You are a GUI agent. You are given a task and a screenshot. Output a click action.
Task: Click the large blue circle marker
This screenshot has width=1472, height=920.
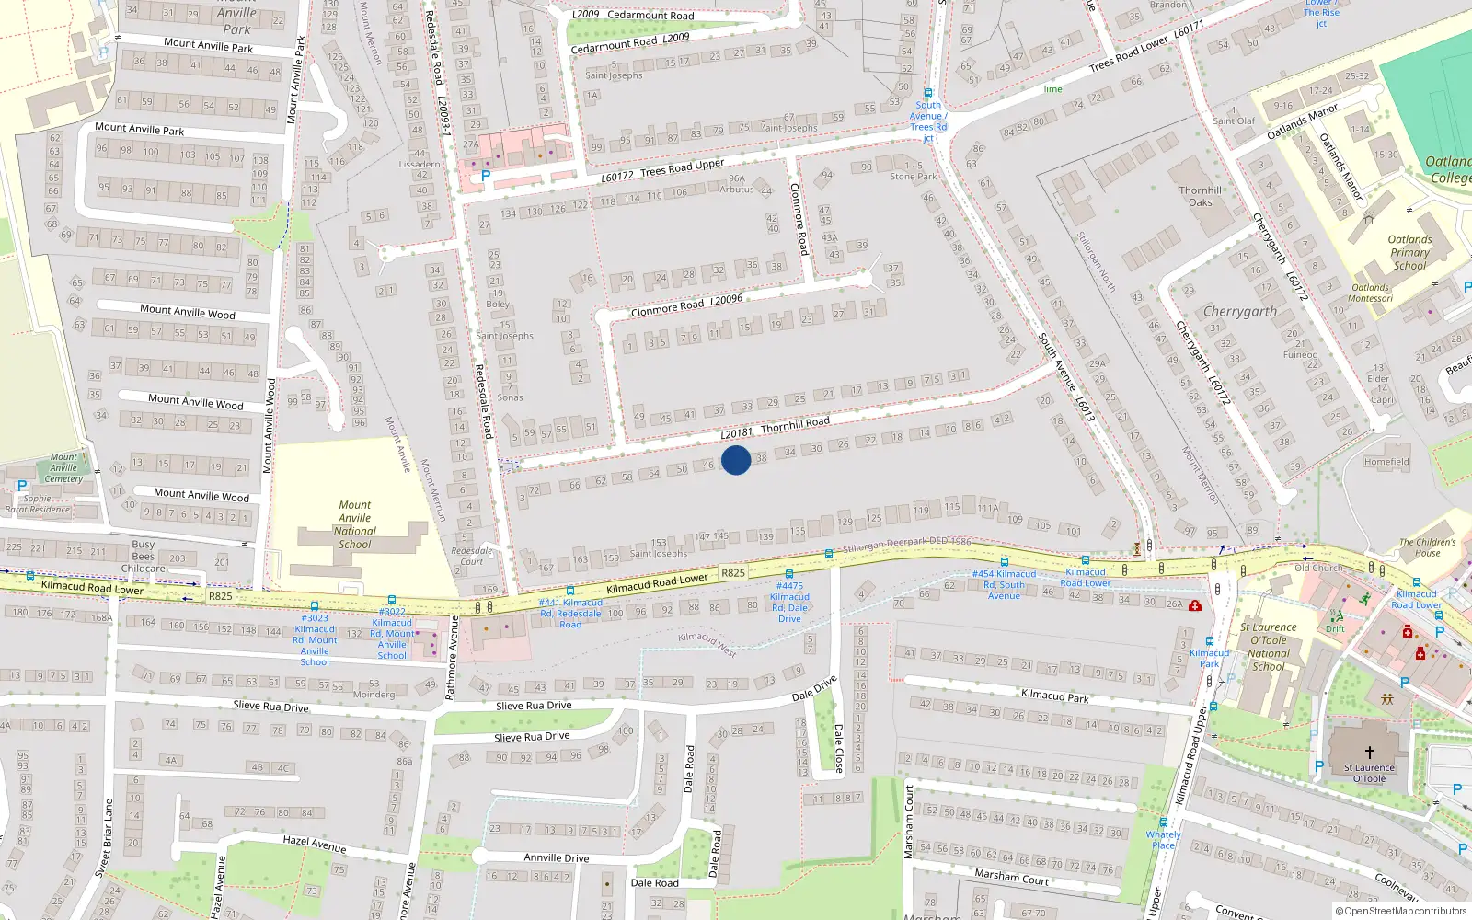pos(736,460)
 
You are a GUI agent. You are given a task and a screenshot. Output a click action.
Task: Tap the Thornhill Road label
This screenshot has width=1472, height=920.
pos(795,424)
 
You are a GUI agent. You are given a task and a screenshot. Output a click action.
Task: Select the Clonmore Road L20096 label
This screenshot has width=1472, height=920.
pos(686,305)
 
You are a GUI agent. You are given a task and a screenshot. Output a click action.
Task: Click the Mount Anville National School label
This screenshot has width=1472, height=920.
pos(355,524)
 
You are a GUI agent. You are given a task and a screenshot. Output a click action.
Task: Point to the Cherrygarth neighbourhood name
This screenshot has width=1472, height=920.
pos(1239,312)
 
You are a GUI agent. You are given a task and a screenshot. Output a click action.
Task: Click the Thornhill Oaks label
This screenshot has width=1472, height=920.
pos(1201,196)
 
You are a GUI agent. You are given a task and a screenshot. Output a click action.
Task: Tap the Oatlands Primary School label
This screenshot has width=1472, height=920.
pos(1409,252)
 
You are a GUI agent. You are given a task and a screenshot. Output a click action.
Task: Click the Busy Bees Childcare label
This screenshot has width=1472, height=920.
pos(144,556)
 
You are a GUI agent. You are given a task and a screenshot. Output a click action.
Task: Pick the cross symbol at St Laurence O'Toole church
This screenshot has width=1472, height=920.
pos(1369,753)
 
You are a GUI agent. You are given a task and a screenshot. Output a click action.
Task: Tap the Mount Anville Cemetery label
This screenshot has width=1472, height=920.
pos(63,467)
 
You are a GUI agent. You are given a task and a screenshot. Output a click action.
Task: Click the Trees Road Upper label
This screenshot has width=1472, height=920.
pos(682,169)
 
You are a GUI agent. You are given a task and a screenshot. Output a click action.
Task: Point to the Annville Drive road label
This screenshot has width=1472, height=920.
pos(557,857)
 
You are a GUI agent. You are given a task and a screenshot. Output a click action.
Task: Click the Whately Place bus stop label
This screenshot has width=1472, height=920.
pos(1163,839)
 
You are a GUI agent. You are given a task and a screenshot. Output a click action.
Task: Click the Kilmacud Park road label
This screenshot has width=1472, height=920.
pos(1054,696)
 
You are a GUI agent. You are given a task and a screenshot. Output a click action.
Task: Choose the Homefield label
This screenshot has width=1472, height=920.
pos(1386,462)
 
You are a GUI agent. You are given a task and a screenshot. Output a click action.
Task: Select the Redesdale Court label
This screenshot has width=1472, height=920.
pos(471,556)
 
